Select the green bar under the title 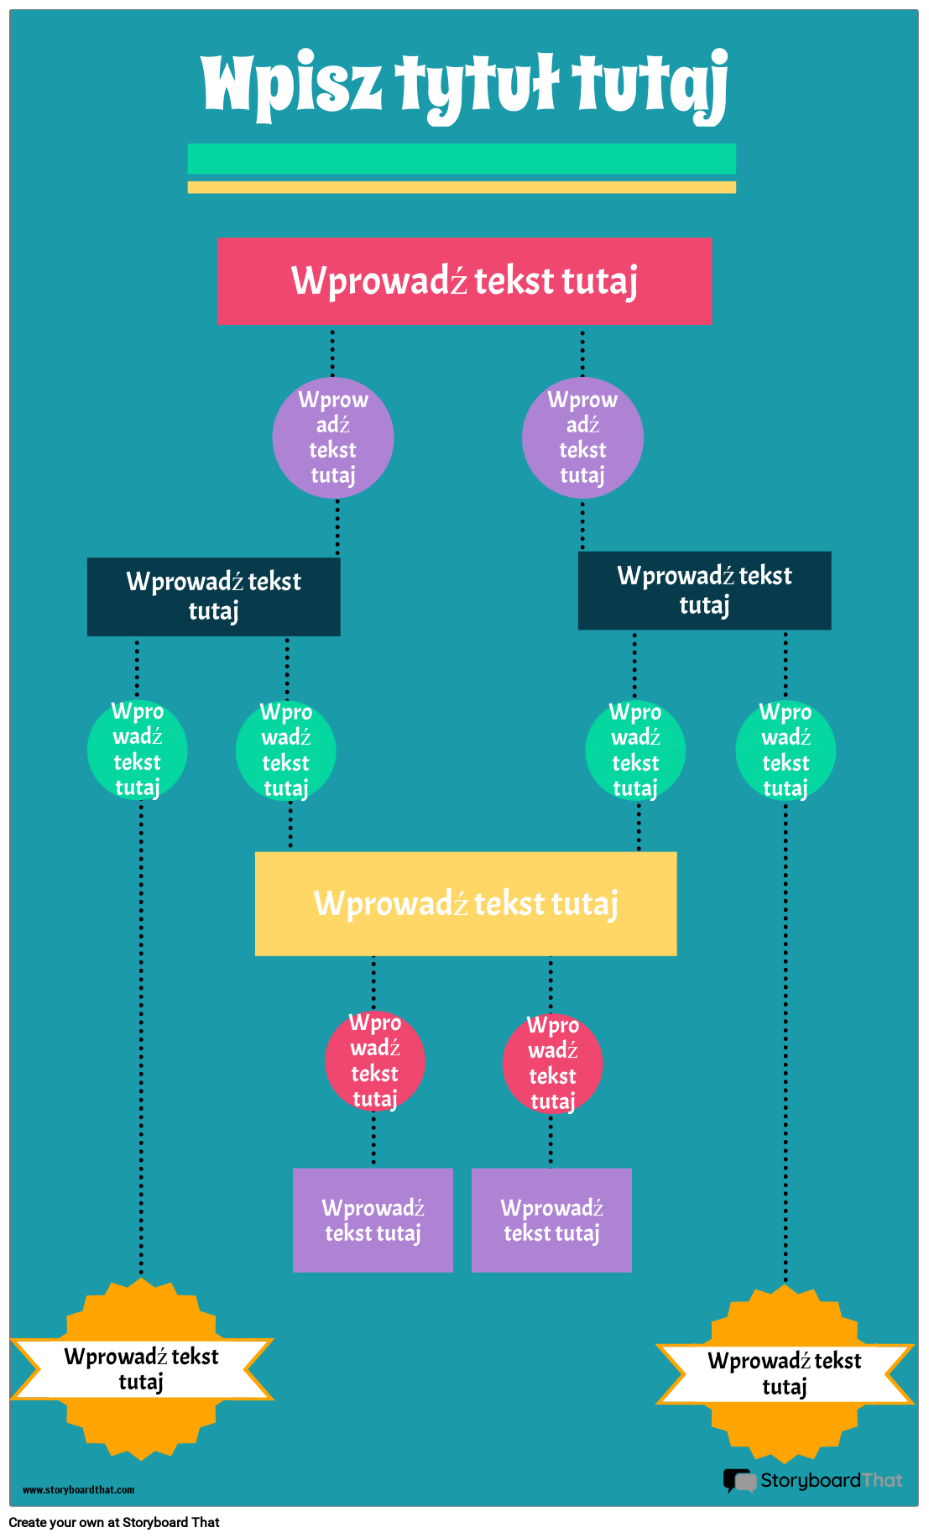(462, 159)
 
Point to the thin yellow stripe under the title (462, 187)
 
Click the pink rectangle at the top (465, 281)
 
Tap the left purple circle (333, 437)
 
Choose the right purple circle (582, 437)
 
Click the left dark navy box (214, 597)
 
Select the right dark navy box (704, 590)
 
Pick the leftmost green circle (138, 750)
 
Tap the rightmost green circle (785, 750)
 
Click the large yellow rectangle (466, 904)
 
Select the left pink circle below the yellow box (375, 1061)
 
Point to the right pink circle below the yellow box (552, 1064)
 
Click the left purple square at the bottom (373, 1220)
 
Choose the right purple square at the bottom (551, 1220)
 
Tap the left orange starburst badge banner (141, 1369)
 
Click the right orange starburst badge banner (785, 1373)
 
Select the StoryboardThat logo (812, 1480)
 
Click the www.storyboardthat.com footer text (78, 1490)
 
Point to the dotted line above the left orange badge (141, 1041)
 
